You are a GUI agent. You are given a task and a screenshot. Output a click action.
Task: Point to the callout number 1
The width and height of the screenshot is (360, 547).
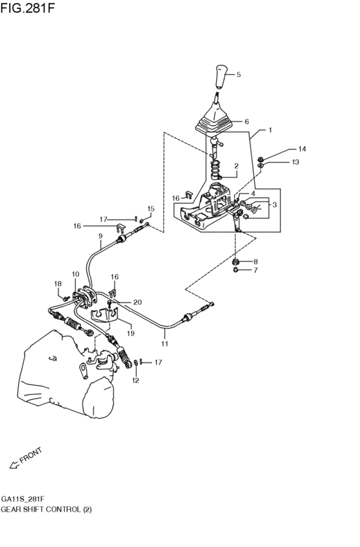click(x=270, y=130)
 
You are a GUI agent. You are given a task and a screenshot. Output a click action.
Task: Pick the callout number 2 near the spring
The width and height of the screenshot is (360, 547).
click(x=236, y=166)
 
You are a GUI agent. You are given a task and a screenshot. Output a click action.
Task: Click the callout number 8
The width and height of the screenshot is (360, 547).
click(x=255, y=262)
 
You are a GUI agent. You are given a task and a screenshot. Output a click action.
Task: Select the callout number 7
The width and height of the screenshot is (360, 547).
click(x=255, y=271)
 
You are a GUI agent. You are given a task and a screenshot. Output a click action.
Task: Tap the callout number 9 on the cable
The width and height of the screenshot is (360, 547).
click(x=101, y=236)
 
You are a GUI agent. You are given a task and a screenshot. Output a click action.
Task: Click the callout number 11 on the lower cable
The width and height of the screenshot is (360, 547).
click(x=165, y=344)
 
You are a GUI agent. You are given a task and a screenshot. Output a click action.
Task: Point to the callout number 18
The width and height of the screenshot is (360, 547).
click(x=58, y=283)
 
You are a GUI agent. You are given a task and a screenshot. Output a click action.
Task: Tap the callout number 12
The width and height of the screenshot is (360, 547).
click(x=136, y=381)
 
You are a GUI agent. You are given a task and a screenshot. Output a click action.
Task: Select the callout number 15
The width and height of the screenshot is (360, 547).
click(x=151, y=208)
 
